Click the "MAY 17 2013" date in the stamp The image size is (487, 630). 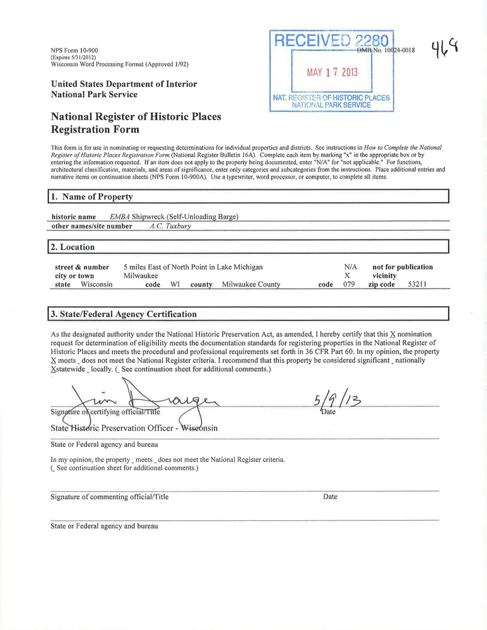point(332,72)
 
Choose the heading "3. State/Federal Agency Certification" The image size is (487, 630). point(129,314)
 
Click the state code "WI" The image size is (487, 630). point(176,285)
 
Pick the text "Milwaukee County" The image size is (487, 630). point(251,285)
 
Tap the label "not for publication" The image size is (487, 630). point(402,267)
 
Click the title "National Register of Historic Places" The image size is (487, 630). point(136,117)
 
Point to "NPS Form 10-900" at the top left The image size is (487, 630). point(74,50)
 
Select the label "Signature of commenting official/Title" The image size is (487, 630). point(109,497)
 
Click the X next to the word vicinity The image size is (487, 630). point(347,276)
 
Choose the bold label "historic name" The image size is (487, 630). point(73,217)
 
